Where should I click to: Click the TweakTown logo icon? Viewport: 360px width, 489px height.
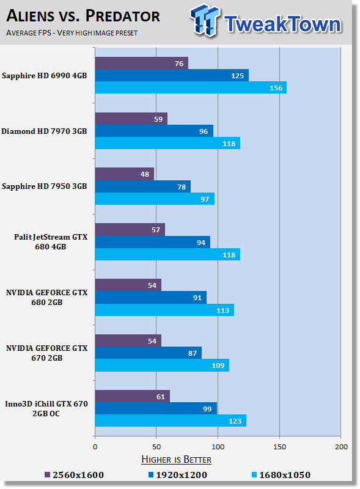205,20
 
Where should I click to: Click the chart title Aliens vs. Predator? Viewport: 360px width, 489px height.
83,16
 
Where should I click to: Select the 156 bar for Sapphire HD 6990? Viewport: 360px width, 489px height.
191,87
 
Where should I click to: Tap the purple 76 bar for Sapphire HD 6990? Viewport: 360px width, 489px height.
142,64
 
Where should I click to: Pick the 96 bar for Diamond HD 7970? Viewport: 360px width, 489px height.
154,131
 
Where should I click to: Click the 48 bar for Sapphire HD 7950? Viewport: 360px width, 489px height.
125,174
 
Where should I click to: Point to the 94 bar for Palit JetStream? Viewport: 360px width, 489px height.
153,242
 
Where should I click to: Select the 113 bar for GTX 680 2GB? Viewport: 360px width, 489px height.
164,310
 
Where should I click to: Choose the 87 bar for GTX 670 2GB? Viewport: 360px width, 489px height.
149,353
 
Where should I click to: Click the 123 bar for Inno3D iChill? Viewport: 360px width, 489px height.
171,421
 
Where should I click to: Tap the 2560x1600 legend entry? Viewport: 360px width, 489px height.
74,475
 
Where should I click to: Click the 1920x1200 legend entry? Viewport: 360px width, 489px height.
178,475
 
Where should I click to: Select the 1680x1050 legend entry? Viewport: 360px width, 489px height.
281,475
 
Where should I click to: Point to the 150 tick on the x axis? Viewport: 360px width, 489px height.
279,447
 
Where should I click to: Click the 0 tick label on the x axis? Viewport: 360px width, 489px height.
95,447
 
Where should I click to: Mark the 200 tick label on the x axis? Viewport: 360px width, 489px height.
341,447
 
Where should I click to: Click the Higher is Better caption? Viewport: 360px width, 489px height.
176,460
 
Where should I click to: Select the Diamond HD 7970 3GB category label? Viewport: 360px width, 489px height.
44,131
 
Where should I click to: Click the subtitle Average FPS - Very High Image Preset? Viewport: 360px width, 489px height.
72,33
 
